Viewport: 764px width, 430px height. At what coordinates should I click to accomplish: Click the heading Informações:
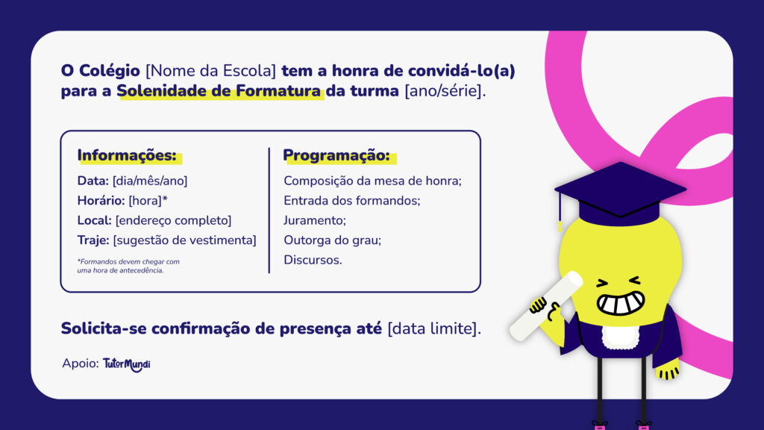pos(127,156)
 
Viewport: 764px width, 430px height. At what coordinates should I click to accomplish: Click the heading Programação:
pos(336,156)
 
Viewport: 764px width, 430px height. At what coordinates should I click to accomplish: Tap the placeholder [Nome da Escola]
pos(211,72)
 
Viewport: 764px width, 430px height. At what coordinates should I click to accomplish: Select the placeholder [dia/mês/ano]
pos(150,181)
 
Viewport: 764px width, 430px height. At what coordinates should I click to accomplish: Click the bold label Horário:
pos(101,201)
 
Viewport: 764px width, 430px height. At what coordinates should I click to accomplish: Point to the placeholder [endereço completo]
pos(173,220)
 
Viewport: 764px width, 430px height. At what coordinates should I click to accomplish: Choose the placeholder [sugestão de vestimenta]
pos(184,240)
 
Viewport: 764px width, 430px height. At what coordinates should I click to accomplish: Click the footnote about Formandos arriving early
pos(128,266)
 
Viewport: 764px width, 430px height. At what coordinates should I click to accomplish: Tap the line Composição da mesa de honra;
pos(373,181)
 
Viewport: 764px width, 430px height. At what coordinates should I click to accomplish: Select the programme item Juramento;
pos(315,220)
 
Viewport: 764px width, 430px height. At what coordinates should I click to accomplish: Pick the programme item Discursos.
pos(313,260)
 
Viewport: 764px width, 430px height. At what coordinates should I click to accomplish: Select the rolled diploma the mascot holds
pos(545,307)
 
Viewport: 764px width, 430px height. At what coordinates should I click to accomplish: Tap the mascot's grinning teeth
pos(620,303)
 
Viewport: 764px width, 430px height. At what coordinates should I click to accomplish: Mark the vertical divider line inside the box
pos(269,211)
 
